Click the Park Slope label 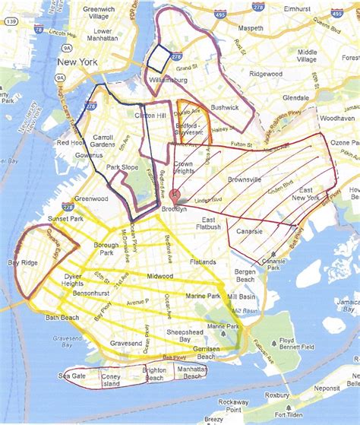[x=122, y=167]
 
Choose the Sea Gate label [x=72, y=376]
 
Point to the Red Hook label [x=70, y=142]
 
